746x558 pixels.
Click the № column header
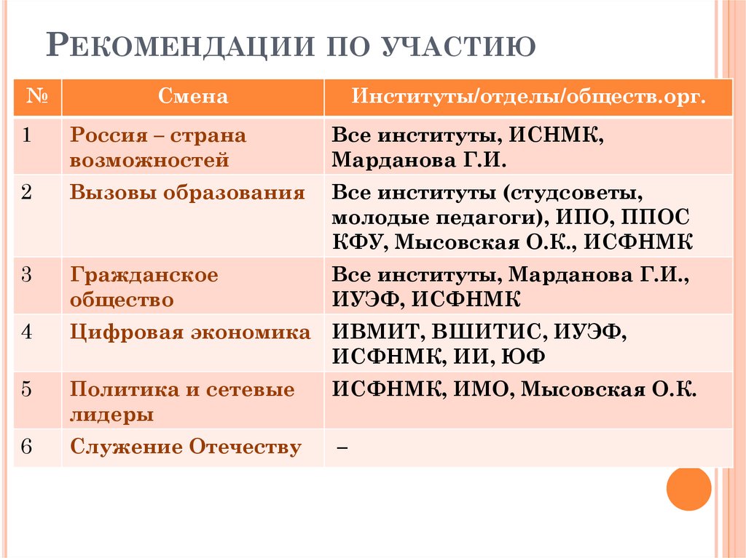[38, 97]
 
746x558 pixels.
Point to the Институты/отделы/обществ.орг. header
[529, 97]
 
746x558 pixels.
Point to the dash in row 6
[341, 448]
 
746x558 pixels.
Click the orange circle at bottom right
[688, 488]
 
